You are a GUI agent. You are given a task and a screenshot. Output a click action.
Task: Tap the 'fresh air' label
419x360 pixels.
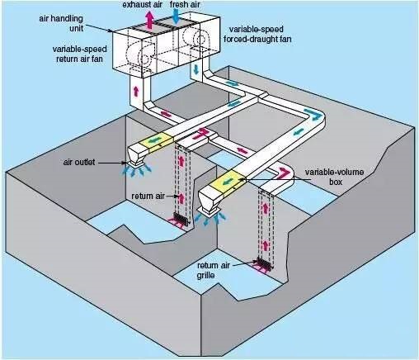(x=185, y=4)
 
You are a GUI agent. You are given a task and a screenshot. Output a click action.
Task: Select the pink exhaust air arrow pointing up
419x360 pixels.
(x=149, y=20)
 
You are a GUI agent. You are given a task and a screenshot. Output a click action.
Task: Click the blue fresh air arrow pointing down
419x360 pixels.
(x=176, y=17)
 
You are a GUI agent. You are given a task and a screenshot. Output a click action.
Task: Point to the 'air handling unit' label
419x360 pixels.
(x=61, y=23)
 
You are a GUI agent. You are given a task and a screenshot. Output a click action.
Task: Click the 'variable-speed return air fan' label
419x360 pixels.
(x=80, y=54)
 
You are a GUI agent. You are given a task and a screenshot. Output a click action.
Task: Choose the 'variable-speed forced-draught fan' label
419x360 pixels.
(x=257, y=34)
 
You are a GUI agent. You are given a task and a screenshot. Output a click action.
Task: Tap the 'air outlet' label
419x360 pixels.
(x=79, y=162)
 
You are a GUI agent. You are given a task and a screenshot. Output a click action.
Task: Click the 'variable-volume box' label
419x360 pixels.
(x=334, y=177)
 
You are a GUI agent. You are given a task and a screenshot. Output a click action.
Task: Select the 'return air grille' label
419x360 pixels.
(x=214, y=270)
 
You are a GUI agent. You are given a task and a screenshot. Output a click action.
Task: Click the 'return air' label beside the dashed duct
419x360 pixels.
(x=148, y=196)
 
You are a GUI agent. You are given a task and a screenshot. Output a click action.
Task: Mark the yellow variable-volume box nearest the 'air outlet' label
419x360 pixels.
(x=156, y=142)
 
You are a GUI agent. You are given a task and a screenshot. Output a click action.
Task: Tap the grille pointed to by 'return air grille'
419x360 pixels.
(x=265, y=263)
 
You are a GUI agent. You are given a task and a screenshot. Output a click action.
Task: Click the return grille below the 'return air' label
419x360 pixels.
(x=181, y=220)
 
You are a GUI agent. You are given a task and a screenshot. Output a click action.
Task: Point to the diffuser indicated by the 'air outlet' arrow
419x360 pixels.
(x=136, y=163)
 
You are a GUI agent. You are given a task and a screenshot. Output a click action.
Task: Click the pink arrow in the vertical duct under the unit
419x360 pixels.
(x=135, y=91)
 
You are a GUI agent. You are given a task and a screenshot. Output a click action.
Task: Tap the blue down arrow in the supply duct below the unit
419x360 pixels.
(x=196, y=69)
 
